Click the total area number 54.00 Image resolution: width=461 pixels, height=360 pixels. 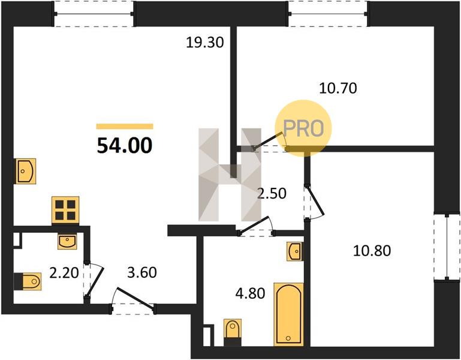pyautogui.click(x=125, y=146)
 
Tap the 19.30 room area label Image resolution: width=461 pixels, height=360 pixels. pyautogui.click(x=205, y=43)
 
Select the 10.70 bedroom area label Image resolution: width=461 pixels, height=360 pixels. pyautogui.click(x=338, y=88)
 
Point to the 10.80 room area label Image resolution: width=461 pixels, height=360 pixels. pyautogui.click(x=372, y=251)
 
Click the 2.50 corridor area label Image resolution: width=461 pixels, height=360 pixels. pyautogui.click(x=272, y=193)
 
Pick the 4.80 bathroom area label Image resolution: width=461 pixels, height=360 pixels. pyautogui.click(x=250, y=293)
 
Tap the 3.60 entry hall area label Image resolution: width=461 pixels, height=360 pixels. pyautogui.click(x=142, y=272)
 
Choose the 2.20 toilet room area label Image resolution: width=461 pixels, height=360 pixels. pyautogui.click(x=64, y=273)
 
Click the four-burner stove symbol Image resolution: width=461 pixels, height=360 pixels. pyautogui.click(x=65, y=210)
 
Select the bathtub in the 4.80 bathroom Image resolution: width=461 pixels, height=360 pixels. pyautogui.click(x=288, y=314)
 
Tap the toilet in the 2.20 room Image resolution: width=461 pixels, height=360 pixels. pyautogui.click(x=28, y=281)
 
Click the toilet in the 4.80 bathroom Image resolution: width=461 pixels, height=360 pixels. pyautogui.click(x=233, y=332)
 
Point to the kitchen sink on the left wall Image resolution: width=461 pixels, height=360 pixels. pyautogui.click(x=26, y=171)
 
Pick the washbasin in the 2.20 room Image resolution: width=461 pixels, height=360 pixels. pyautogui.click(x=67, y=242)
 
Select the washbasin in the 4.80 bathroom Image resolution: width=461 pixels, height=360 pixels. pyautogui.click(x=294, y=251)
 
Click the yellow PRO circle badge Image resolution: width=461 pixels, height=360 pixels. pyautogui.click(x=303, y=128)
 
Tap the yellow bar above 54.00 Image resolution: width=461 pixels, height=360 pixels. pyautogui.click(x=125, y=127)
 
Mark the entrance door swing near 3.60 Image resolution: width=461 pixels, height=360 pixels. pyautogui.click(x=134, y=299)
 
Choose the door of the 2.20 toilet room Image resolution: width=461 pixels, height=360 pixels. pyautogui.click(x=94, y=279)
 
